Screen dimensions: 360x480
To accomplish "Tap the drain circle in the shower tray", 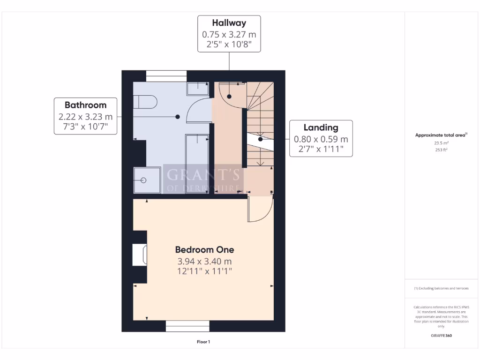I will click(143, 180).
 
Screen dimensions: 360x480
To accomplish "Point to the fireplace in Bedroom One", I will click(140, 255).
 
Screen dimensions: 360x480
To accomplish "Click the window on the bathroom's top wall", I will click(166, 75).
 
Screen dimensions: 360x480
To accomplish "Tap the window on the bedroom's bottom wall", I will click(187, 326).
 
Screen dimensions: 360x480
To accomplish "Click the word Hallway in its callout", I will click(229, 23).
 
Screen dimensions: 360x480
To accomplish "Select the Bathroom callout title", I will click(85, 105).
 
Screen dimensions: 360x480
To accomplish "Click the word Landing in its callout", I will click(321, 127).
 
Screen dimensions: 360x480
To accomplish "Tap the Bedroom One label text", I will click(204, 250).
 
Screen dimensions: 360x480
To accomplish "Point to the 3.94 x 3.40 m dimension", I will click(204, 261).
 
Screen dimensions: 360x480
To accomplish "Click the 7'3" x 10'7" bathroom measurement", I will click(85, 127).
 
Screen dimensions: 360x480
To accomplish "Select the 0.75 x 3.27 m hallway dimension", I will click(229, 34).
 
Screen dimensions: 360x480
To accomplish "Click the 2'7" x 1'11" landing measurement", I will click(321, 149).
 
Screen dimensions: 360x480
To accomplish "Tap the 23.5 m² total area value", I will click(441, 143).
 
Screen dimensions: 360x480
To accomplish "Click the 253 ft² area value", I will click(441, 150).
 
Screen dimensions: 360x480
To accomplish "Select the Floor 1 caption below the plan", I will click(203, 342).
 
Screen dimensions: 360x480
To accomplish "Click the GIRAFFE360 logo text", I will click(441, 336).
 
